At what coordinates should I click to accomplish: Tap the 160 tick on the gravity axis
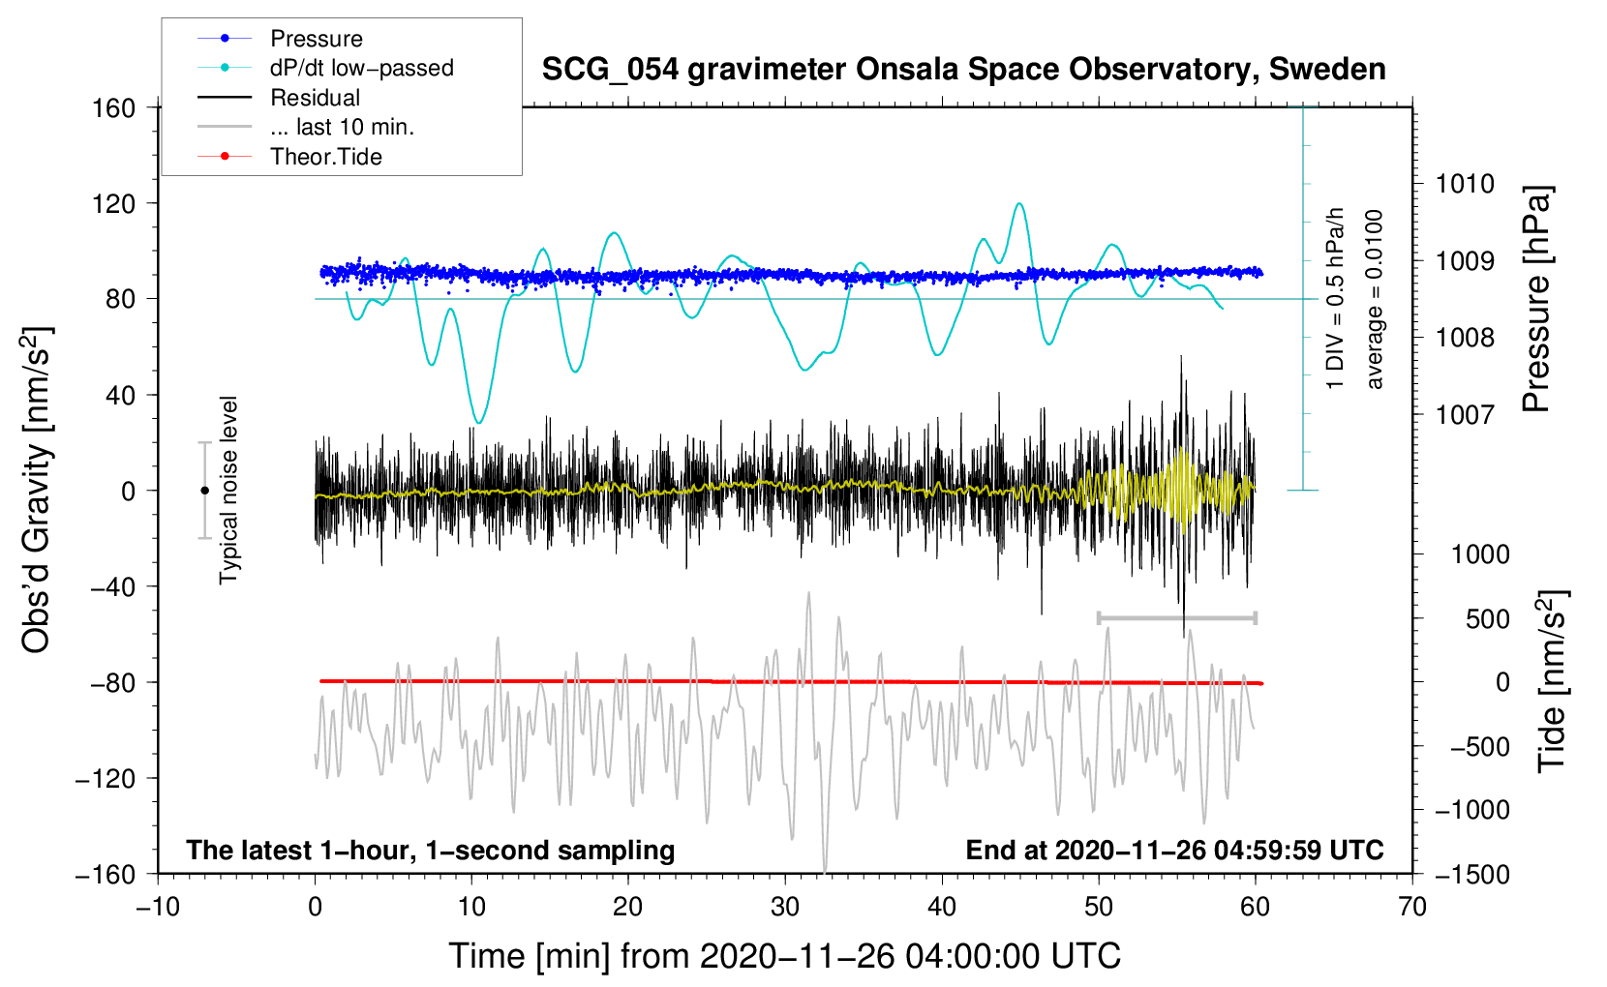click(x=114, y=107)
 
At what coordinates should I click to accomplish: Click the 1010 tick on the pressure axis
click(x=1465, y=184)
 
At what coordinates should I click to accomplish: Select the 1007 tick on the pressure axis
click(x=1465, y=415)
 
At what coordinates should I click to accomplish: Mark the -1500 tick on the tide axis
click(x=1471, y=874)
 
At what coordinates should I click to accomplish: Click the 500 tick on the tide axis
click(x=1487, y=619)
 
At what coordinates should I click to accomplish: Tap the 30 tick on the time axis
click(x=785, y=907)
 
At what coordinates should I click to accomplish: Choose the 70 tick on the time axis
click(x=1412, y=907)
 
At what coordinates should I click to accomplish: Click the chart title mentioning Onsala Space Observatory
click(x=963, y=70)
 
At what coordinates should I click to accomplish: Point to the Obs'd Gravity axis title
click(x=37, y=490)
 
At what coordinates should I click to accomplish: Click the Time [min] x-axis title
click(x=784, y=956)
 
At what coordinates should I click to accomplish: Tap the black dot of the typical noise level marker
click(x=204, y=491)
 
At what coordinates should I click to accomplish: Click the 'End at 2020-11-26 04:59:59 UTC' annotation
click(x=1174, y=851)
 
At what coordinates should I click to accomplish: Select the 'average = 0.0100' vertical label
click(x=1375, y=300)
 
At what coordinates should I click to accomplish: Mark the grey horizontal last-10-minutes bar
click(x=1176, y=617)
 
